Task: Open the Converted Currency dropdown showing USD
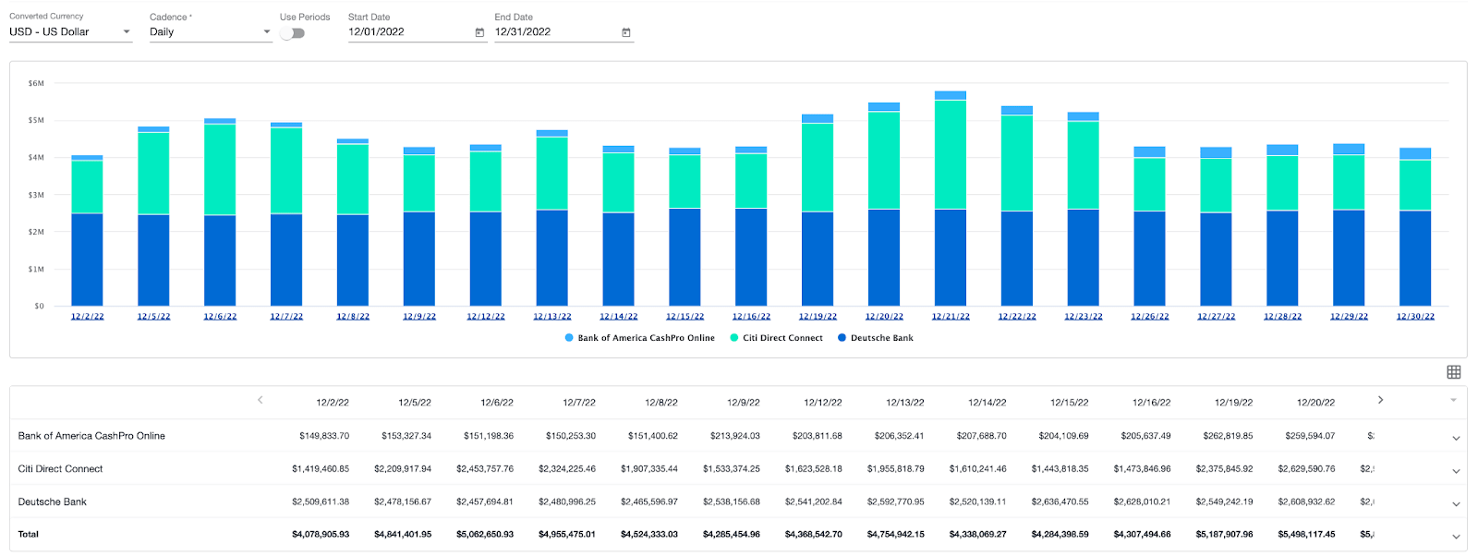pos(69,32)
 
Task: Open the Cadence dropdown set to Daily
pos(209,32)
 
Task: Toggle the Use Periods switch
pos(293,33)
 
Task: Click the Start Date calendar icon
pos(479,32)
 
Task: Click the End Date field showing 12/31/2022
pos(554,32)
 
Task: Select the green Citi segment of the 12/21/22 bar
pos(951,154)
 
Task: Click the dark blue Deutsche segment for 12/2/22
pos(87,260)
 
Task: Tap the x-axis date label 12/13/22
pos(551,317)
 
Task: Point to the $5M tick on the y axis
pos(36,120)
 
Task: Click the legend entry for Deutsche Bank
pos(880,338)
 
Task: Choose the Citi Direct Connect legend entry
pos(781,338)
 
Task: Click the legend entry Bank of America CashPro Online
pos(645,338)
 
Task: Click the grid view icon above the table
pos(1453,372)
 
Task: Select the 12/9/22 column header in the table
pos(743,403)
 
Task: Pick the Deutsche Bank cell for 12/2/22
pos(321,502)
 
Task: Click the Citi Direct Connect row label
pos(61,469)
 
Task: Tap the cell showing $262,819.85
pos(1228,436)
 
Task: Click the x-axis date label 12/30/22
pos(1415,317)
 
